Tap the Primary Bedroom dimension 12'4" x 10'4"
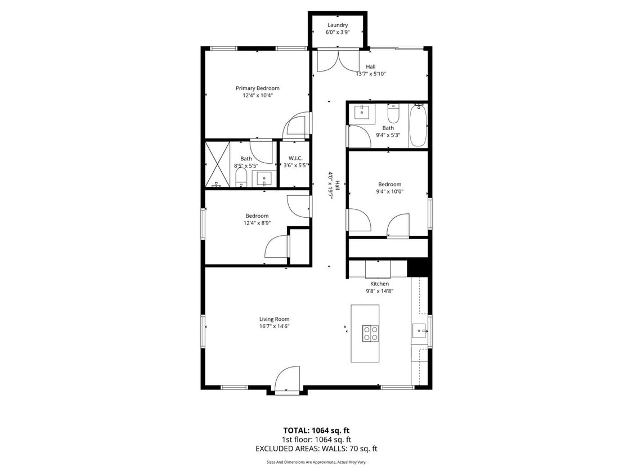point(257,96)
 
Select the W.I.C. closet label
point(295,158)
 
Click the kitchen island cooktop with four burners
point(370,333)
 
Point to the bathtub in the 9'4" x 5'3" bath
point(417,125)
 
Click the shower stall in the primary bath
point(217,164)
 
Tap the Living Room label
point(274,319)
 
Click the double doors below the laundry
point(337,60)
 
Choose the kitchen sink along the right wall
point(419,331)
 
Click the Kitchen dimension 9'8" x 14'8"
point(379,291)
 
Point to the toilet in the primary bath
point(241,178)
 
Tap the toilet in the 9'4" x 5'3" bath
point(393,115)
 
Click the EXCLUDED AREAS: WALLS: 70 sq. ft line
point(316,449)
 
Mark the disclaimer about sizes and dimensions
point(316,462)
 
